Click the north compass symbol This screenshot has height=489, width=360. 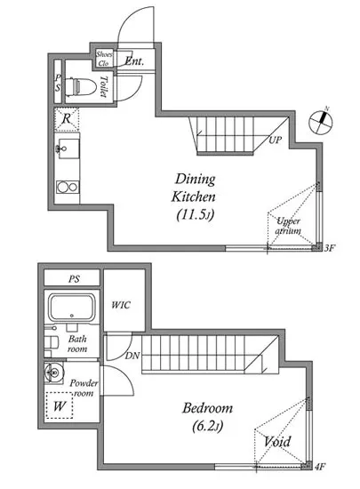click(x=320, y=122)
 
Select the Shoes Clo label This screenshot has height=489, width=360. click(x=104, y=59)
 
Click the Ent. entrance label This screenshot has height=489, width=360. click(x=134, y=60)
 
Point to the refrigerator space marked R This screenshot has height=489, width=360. click(x=67, y=119)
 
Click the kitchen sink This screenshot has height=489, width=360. click(x=68, y=148)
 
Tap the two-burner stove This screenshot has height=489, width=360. click(x=68, y=187)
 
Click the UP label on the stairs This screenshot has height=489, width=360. click(x=276, y=140)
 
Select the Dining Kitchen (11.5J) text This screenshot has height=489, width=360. click(x=194, y=196)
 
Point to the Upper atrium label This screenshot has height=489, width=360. click(x=288, y=226)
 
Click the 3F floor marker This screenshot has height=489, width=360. click(x=329, y=248)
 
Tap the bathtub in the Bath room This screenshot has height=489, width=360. click(x=72, y=308)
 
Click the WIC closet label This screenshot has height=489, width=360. click(x=121, y=305)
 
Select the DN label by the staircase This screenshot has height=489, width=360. click(x=132, y=356)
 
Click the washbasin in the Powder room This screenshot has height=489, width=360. click(x=53, y=373)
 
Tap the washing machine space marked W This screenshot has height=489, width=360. click(x=60, y=405)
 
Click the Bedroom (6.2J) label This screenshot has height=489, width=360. click(x=208, y=417)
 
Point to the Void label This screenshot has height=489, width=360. click(x=277, y=442)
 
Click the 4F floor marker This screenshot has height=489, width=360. click(x=320, y=467)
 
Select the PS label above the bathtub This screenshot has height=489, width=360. click(x=74, y=279)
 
